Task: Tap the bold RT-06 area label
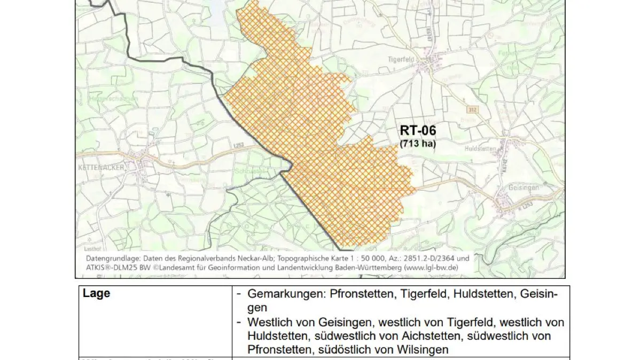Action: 418,131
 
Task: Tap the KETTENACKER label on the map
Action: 100,168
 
